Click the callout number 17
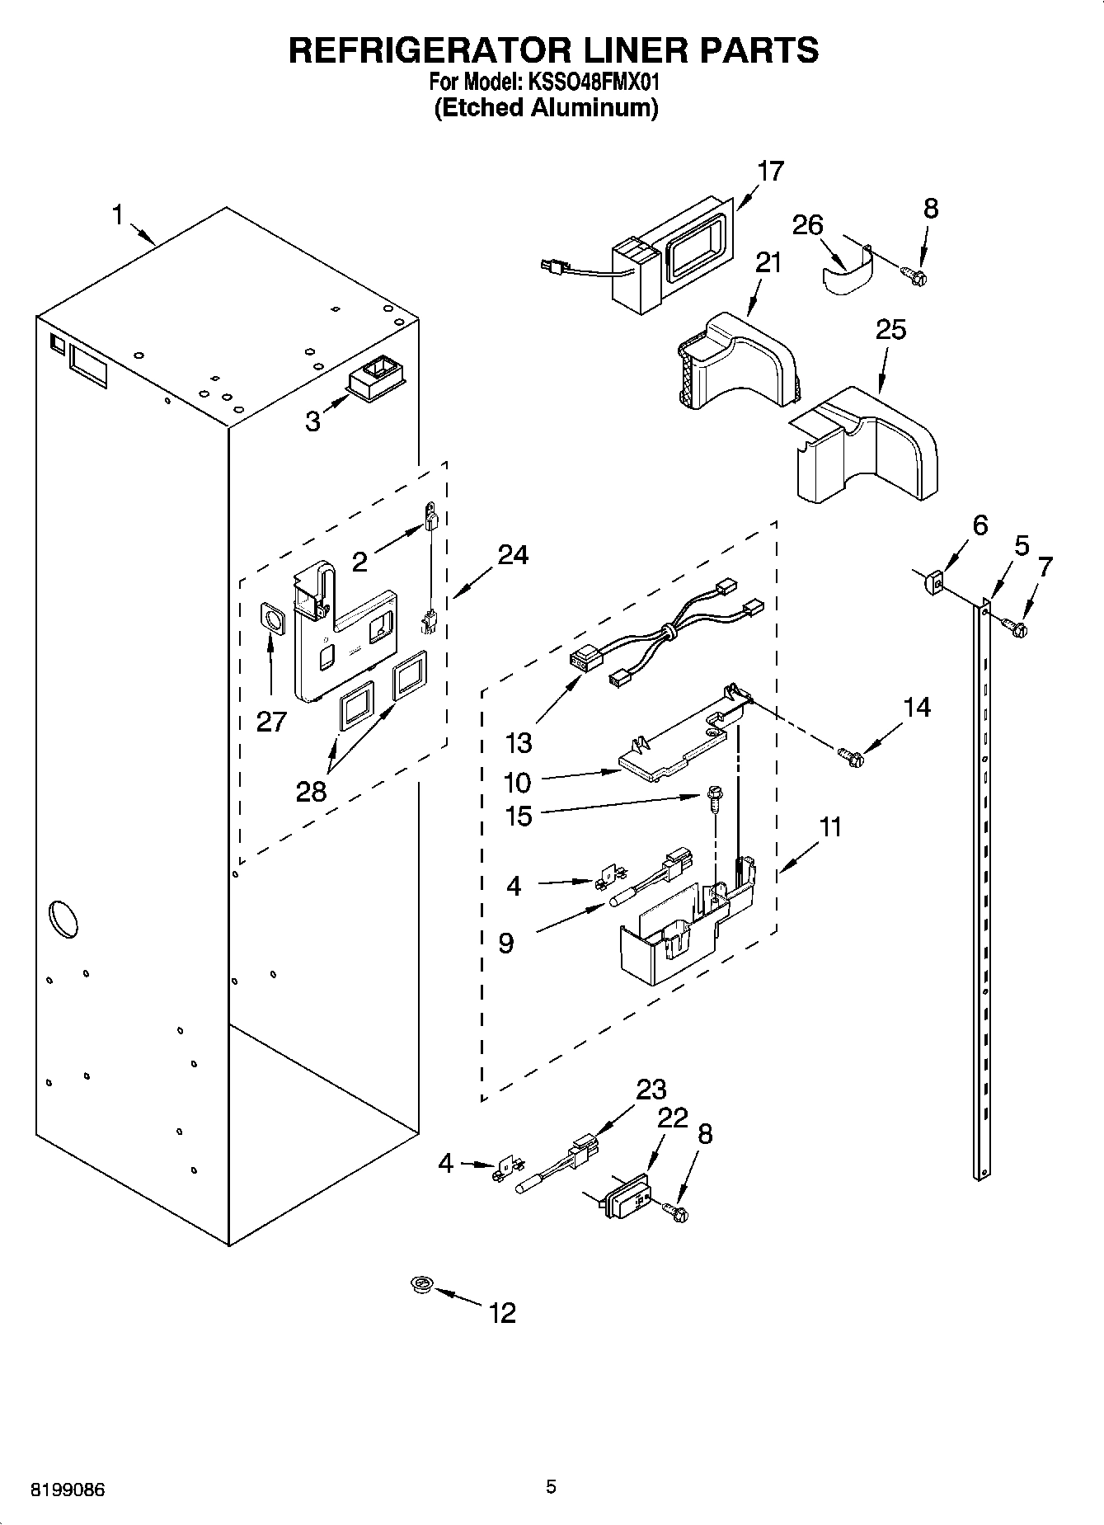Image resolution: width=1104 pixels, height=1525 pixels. (x=770, y=172)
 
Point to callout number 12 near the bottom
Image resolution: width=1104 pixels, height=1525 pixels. (x=502, y=1311)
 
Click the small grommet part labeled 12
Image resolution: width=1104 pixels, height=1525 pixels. (x=423, y=1283)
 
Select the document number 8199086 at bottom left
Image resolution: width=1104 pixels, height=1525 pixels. (x=68, y=1490)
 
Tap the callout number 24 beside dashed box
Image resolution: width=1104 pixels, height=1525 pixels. (x=512, y=555)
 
